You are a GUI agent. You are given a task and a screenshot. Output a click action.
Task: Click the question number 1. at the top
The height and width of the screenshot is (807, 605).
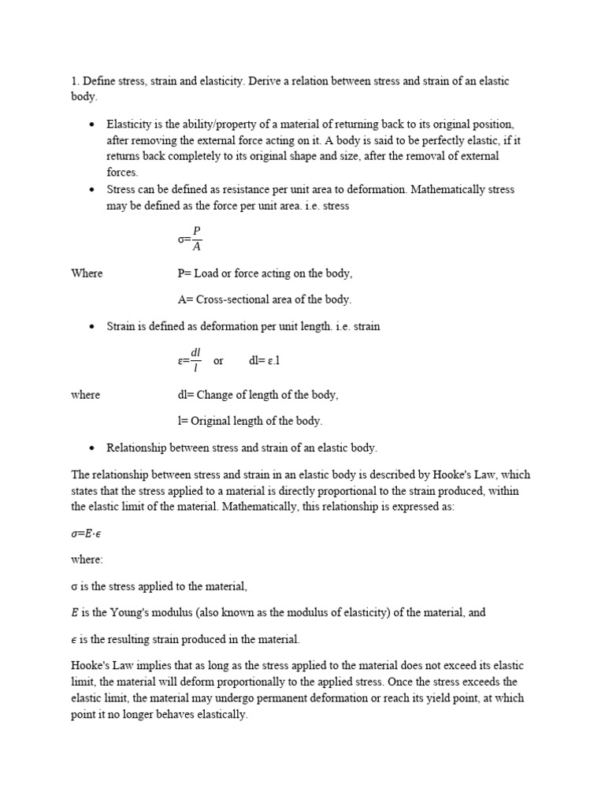pyautogui.click(x=76, y=82)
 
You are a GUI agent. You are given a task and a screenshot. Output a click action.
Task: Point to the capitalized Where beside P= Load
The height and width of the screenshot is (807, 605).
pyautogui.click(x=87, y=273)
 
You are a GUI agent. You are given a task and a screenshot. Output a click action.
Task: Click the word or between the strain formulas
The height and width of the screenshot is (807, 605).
pyautogui.click(x=219, y=361)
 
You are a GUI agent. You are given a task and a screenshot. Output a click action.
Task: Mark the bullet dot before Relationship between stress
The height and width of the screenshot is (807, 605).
pyautogui.click(x=92, y=448)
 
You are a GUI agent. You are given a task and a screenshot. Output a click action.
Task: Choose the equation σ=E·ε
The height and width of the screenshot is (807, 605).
pyautogui.click(x=86, y=534)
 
